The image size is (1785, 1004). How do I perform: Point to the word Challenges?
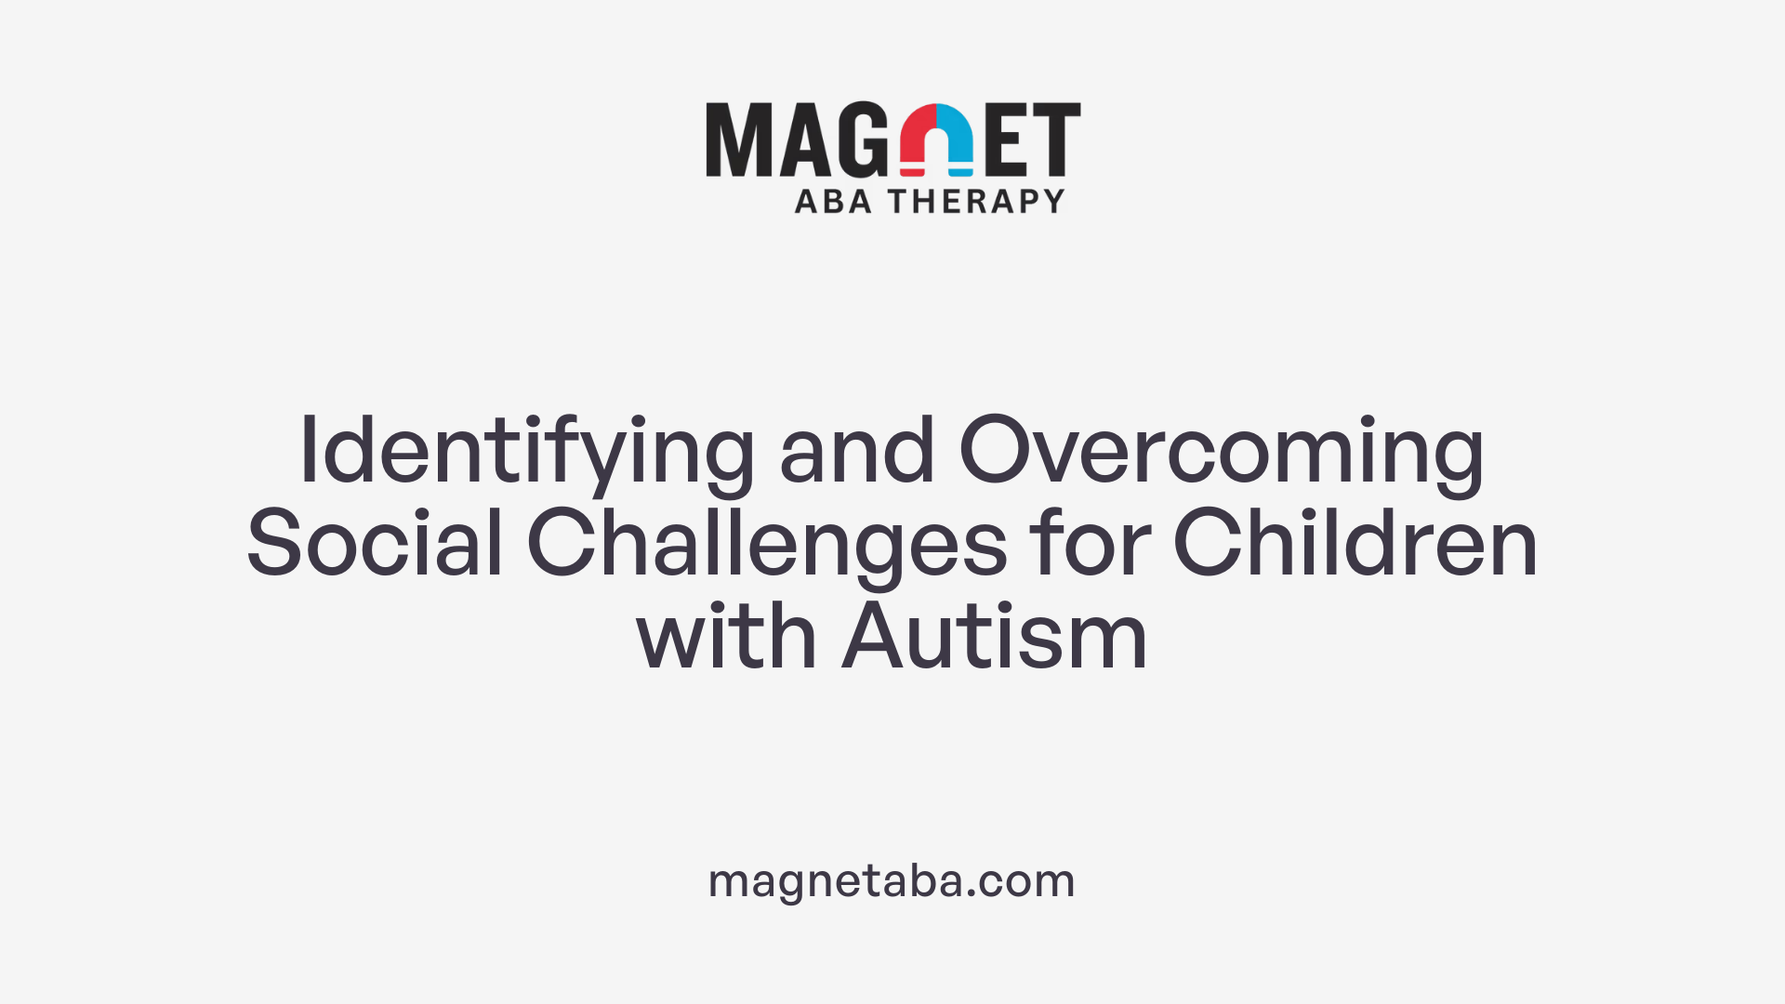pos(767,546)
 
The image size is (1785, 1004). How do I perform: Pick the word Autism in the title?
pos(995,638)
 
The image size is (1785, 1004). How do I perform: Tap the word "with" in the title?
pos(726,638)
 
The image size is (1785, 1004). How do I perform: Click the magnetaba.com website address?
pos(892,880)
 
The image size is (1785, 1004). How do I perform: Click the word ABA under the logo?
pos(833,202)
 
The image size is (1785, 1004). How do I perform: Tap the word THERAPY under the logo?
pos(976,202)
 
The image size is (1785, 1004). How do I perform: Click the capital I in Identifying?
pos(309,451)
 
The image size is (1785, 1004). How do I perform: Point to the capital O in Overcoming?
pos(998,451)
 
